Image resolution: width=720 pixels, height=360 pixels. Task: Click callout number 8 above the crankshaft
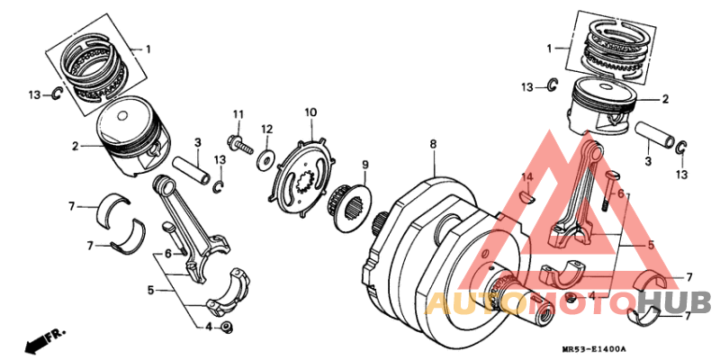tap(432, 144)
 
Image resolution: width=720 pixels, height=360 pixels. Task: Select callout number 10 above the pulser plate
tap(310, 112)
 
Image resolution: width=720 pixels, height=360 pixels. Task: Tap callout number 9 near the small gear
tap(366, 165)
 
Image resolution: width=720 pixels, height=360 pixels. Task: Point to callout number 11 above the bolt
tap(238, 113)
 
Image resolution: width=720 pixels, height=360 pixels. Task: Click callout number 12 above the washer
tap(266, 130)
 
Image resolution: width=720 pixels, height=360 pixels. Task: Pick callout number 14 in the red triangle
tap(529, 175)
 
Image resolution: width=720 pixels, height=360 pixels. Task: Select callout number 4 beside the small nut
tap(208, 327)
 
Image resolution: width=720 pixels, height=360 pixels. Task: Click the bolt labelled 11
tap(239, 141)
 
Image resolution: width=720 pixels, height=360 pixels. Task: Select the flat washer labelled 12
tap(266, 158)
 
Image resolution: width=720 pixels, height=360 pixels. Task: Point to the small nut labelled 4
tap(229, 326)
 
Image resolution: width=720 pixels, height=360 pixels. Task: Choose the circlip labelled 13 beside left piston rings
tap(56, 94)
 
